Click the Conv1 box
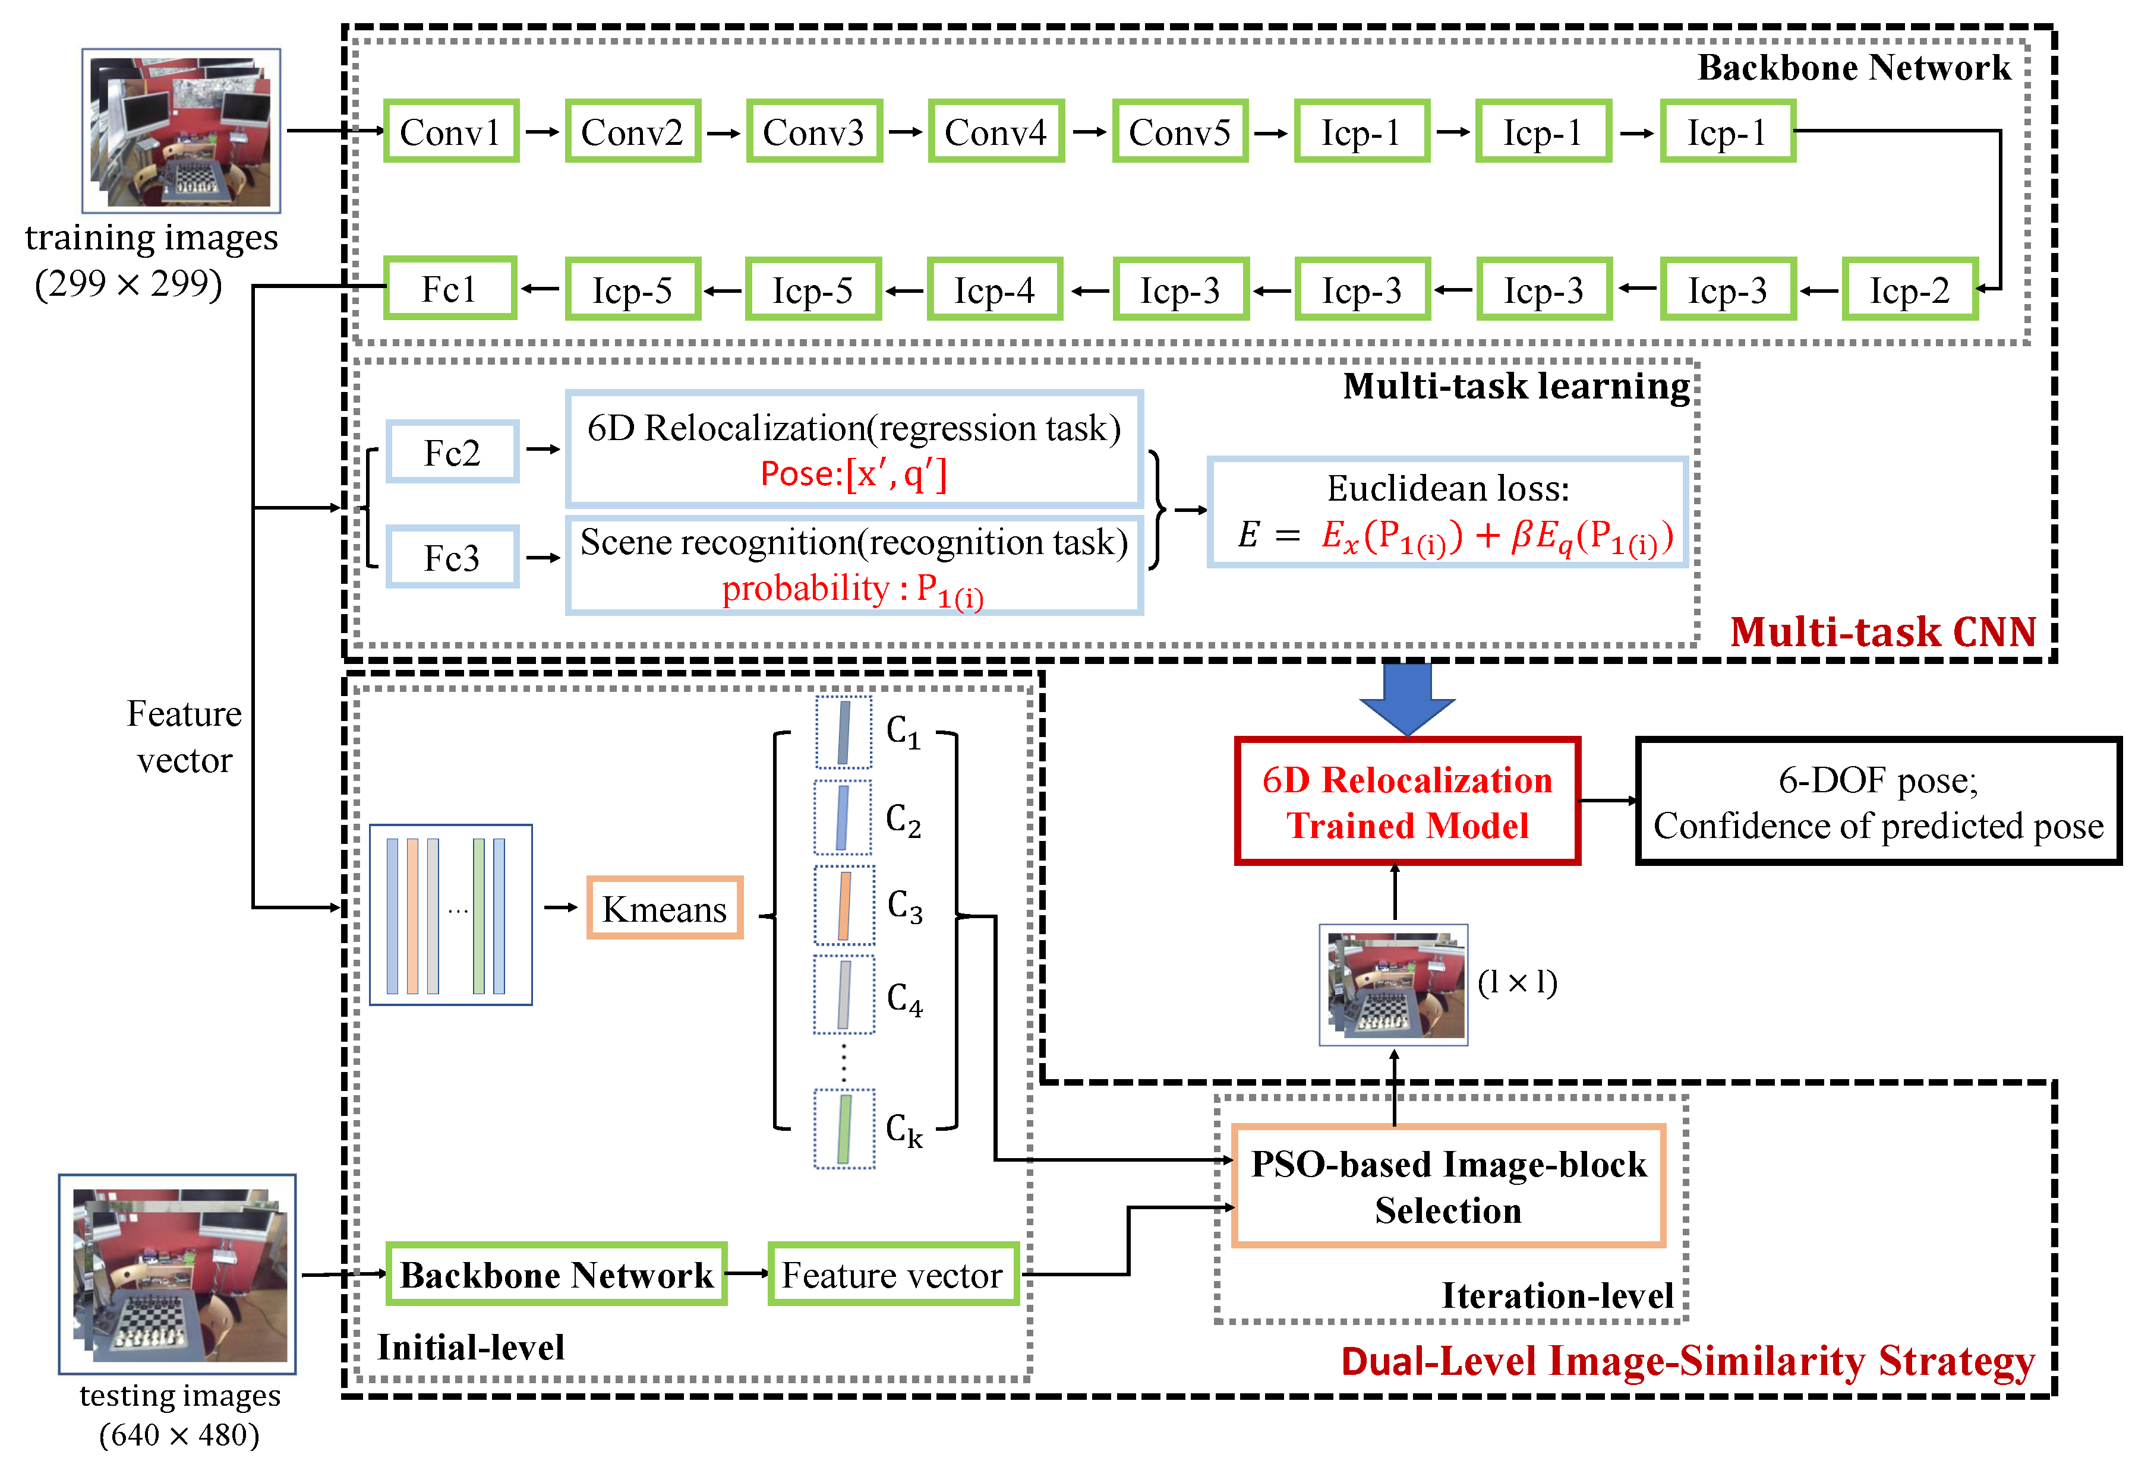[451, 131]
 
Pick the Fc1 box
[450, 289]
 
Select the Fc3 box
[453, 557]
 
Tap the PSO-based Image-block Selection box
[1449, 1186]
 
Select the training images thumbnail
[181, 131]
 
